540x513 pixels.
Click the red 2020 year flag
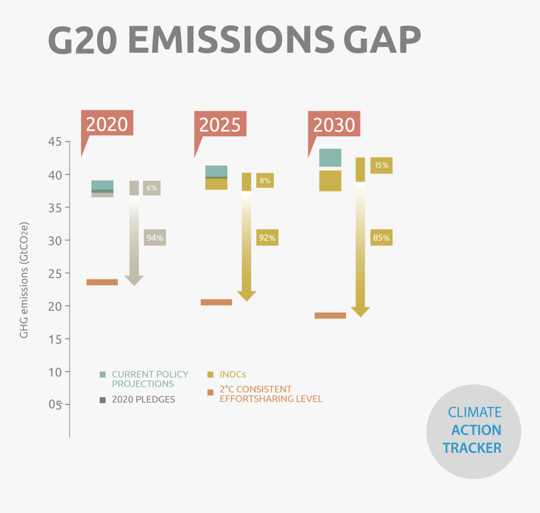coord(107,124)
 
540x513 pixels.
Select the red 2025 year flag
coord(220,124)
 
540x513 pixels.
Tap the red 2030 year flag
coord(334,124)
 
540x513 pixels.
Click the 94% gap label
coord(154,237)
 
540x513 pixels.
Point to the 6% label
coord(151,188)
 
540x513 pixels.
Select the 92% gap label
coord(267,237)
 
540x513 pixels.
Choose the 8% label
coord(264,181)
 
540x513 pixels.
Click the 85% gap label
coord(381,237)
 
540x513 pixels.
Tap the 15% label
coord(381,166)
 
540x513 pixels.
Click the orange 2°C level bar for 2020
coord(102,282)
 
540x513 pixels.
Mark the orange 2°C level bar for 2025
coord(216,302)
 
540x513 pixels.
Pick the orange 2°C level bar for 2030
coord(330,315)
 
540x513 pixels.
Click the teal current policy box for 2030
coord(330,158)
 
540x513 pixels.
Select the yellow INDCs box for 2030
coord(330,181)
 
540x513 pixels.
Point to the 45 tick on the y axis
coord(54,142)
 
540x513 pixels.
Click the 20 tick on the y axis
coord(54,306)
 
